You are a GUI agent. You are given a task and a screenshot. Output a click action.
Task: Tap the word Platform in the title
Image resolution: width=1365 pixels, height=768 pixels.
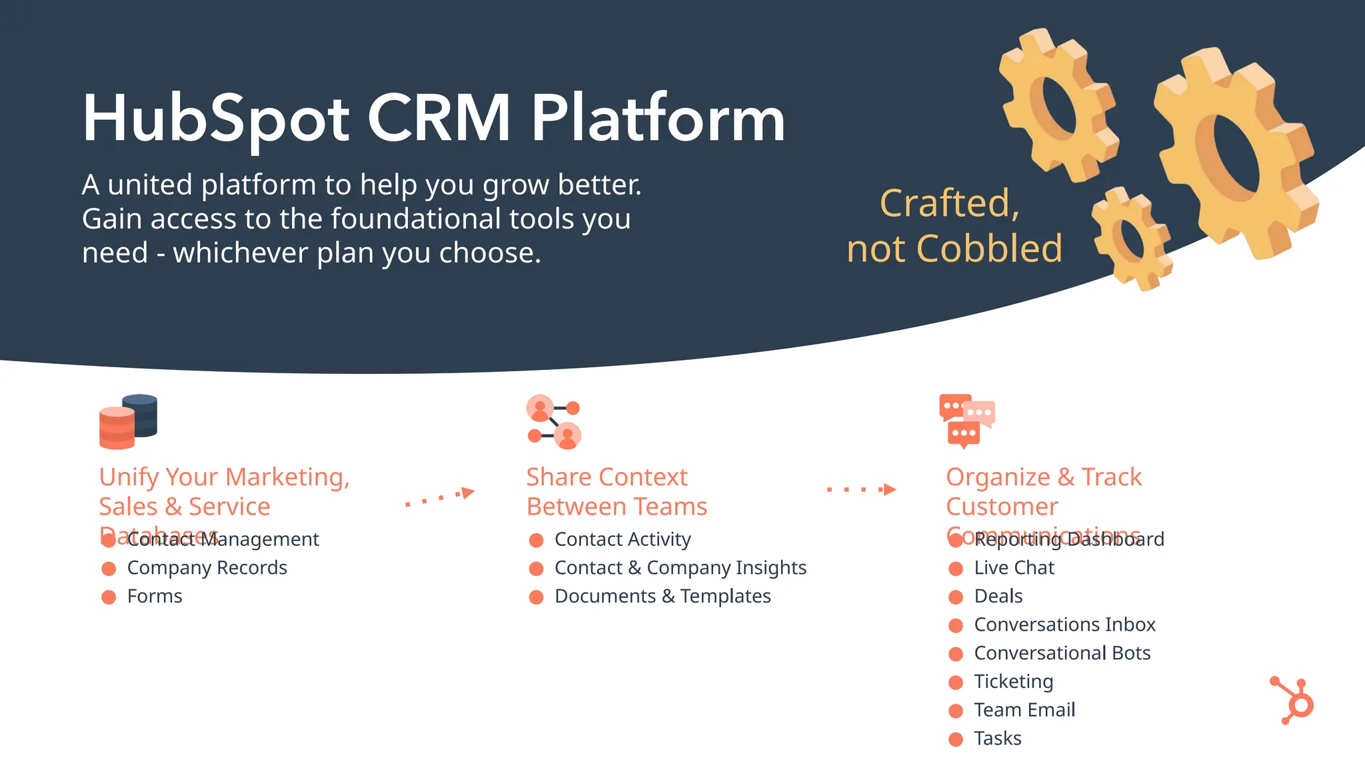(x=657, y=119)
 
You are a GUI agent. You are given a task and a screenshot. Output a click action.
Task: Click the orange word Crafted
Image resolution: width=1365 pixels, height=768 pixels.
(x=949, y=203)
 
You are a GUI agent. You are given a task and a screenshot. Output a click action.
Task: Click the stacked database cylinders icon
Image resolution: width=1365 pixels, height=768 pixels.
(x=128, y=421)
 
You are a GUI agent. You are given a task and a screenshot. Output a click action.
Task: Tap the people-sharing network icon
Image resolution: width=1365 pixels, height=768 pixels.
(x=553, y=421)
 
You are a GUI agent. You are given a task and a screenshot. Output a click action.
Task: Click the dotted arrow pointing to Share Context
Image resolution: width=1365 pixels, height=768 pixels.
(x=440, y=497)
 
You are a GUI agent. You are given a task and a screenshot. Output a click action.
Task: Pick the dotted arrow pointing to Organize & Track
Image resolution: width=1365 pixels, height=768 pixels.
(x=861, y=489)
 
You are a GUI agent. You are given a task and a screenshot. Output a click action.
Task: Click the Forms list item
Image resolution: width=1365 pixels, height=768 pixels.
(x=155, y=596)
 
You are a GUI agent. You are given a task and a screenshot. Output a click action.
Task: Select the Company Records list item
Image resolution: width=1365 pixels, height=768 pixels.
(x=207, y=567)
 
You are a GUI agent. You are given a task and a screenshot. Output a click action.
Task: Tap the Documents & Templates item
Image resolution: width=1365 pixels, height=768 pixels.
(x=663, y=596)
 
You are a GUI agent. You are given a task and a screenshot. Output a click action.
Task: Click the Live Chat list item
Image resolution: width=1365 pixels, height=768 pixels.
(x=1014, y=567)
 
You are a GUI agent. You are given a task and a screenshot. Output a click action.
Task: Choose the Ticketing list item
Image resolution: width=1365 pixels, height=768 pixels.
(x=1013, y=681)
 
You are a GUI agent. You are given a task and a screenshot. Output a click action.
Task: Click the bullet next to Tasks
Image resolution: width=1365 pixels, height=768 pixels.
(x=956, y=739)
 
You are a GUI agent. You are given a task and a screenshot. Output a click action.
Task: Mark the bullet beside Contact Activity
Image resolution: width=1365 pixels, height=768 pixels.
(x=536, y=539)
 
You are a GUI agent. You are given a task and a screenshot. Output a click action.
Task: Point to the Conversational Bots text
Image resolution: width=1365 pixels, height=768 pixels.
(x=1062, y=653)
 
